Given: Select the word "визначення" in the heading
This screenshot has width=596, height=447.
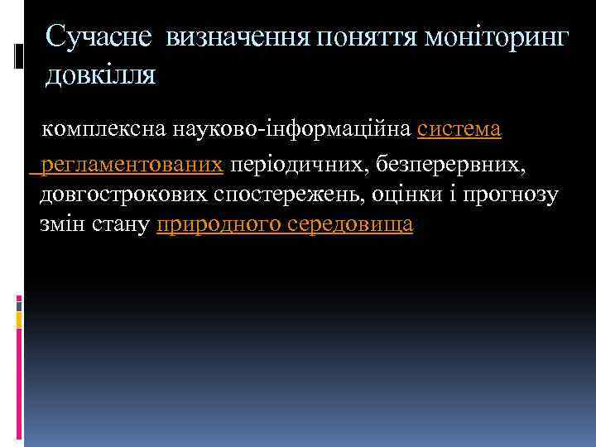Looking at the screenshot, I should [235, 36].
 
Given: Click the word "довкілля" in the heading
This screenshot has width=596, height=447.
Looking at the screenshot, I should [101, 74].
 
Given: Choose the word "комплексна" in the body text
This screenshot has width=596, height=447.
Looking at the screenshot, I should [104, 130].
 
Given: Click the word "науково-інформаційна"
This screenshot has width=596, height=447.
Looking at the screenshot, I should [292, 130].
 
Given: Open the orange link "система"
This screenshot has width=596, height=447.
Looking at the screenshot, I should [459, 130].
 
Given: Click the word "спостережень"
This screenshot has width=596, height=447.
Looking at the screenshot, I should [286, 195].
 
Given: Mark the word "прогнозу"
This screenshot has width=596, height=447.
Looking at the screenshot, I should [512, 195].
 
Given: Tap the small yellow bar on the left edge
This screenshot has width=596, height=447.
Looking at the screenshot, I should [19, 318].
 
